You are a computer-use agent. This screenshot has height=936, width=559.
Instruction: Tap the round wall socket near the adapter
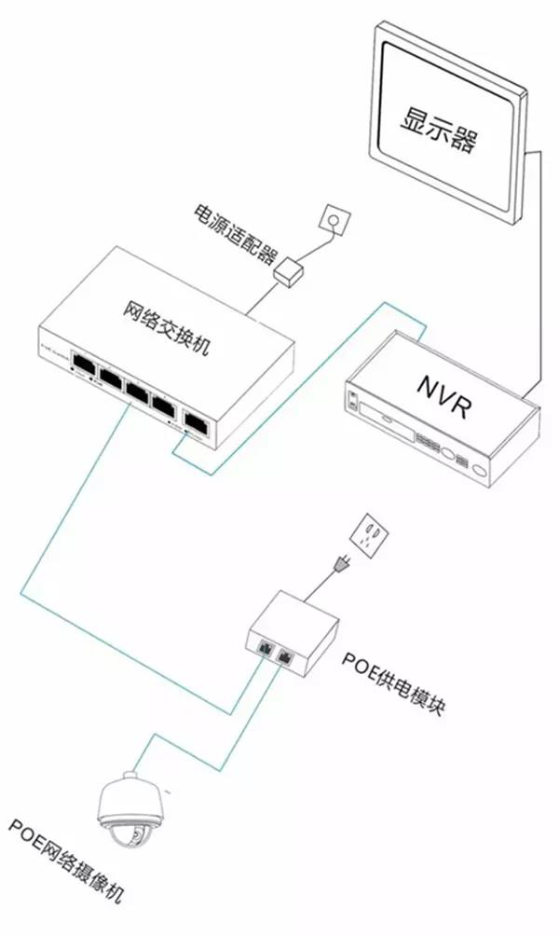click(x=333, y=219)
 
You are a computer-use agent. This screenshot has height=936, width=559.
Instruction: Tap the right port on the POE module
click(x=285, y=654)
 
